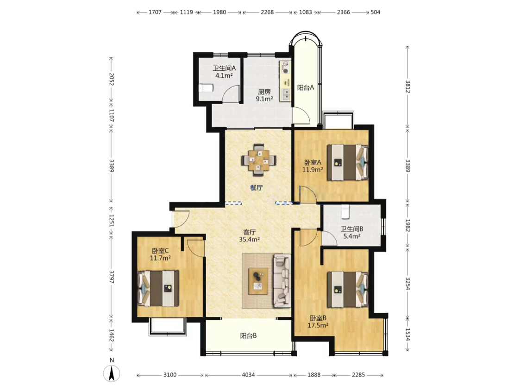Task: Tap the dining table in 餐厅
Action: point(259,160)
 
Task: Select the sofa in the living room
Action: point(282,281)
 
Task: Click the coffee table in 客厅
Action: point(259,281)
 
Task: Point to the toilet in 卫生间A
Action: point(206,88)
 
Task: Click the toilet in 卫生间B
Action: point(345,212)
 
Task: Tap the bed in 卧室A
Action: point(348,162)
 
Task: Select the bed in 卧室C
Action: point(158,288)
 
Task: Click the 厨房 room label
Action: point(264,92)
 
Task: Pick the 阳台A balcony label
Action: point(306,88)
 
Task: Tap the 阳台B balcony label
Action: point(248,336)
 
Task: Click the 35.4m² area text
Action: point(250,239)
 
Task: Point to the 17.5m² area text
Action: point(318,325)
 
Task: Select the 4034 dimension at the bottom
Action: point(248,375)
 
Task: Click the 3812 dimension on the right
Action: point(408,87)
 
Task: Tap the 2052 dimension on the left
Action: point(111,80)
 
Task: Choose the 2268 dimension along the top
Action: point(267,12)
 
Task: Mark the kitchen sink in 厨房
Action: point(286,95)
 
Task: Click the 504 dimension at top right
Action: point(376,12)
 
